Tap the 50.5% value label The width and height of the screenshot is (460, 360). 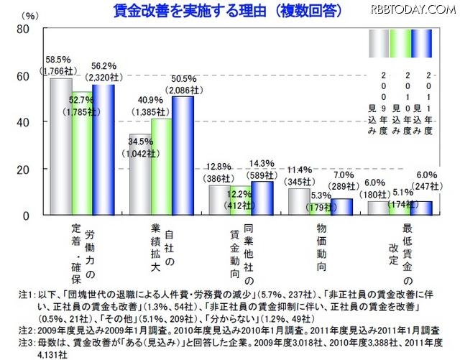coord(183,79)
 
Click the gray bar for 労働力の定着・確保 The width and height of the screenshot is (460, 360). coord(60,147)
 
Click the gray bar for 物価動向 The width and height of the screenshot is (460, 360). coord(298,200)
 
